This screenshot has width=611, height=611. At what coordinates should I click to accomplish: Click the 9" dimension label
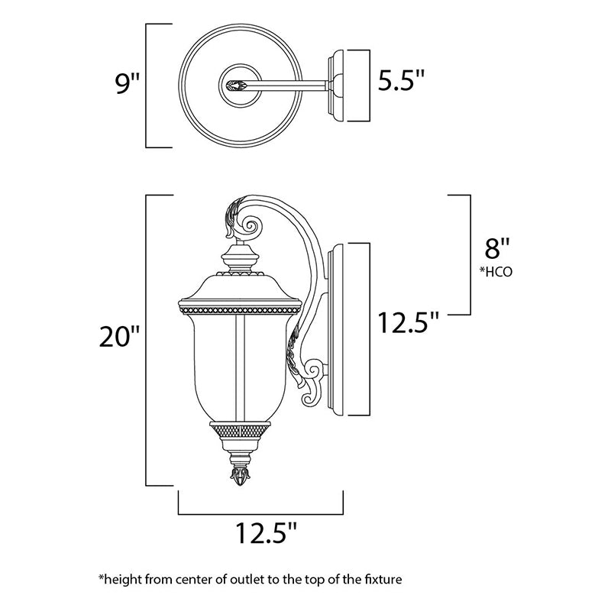pos(128,83)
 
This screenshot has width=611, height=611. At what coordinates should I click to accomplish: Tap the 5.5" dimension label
pos(401,80)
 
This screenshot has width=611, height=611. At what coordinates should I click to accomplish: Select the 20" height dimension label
pos(119,336)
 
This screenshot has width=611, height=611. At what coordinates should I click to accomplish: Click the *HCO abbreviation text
pos(496,272)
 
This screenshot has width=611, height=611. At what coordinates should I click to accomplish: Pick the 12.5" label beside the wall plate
pos(409,322)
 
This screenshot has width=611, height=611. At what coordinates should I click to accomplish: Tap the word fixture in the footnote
pos(383,579)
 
